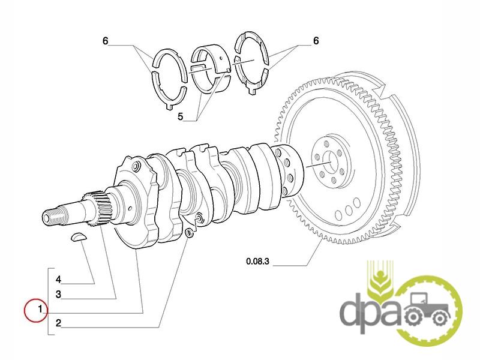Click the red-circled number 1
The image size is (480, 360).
tap(39, 310)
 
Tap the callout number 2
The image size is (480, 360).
tap(58, 323)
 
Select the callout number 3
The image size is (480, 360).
tap(58, 295)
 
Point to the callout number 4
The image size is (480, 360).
tap(58, 279)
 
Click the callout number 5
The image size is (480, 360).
tap(181, 116)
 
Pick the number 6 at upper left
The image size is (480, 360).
tap(105, 41)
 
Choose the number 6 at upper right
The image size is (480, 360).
tap(316, 41)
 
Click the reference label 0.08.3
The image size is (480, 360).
tap(259, 261)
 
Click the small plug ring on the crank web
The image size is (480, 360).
tap(189, 232)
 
